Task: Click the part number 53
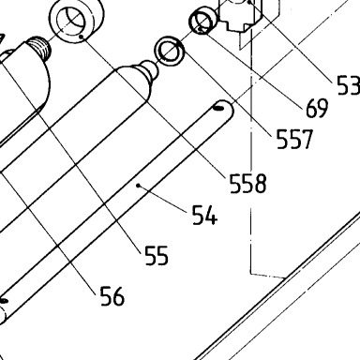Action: coord(349,85)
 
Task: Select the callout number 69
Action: coord(317,108)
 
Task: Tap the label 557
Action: coord(294,139)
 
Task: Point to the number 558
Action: coord(248,183)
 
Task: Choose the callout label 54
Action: coord(204,215)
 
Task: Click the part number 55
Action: coord(157,255)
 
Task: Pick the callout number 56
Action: coord(112,296)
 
